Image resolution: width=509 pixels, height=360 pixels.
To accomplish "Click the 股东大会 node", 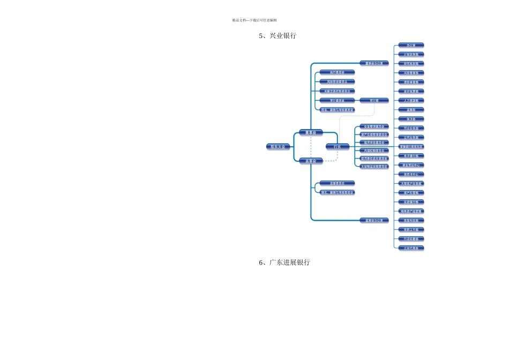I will point(278,146).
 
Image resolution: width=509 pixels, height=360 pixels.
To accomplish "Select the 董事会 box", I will point(311,132).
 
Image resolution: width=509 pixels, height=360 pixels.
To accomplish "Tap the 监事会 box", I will point(311,161).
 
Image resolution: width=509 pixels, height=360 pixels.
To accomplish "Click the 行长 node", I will point(338,146).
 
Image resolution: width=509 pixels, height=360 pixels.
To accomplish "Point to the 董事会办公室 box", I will point(374,63).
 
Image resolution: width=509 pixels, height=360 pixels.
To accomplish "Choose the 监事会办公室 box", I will point(374,220).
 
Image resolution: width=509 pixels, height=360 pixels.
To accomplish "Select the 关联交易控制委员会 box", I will point(337,91).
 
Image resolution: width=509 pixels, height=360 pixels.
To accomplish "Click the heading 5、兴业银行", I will point(277,36).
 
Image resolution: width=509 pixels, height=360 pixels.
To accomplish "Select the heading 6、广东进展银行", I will point(284,262).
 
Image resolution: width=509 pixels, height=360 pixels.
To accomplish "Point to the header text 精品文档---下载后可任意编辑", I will point(254,20).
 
